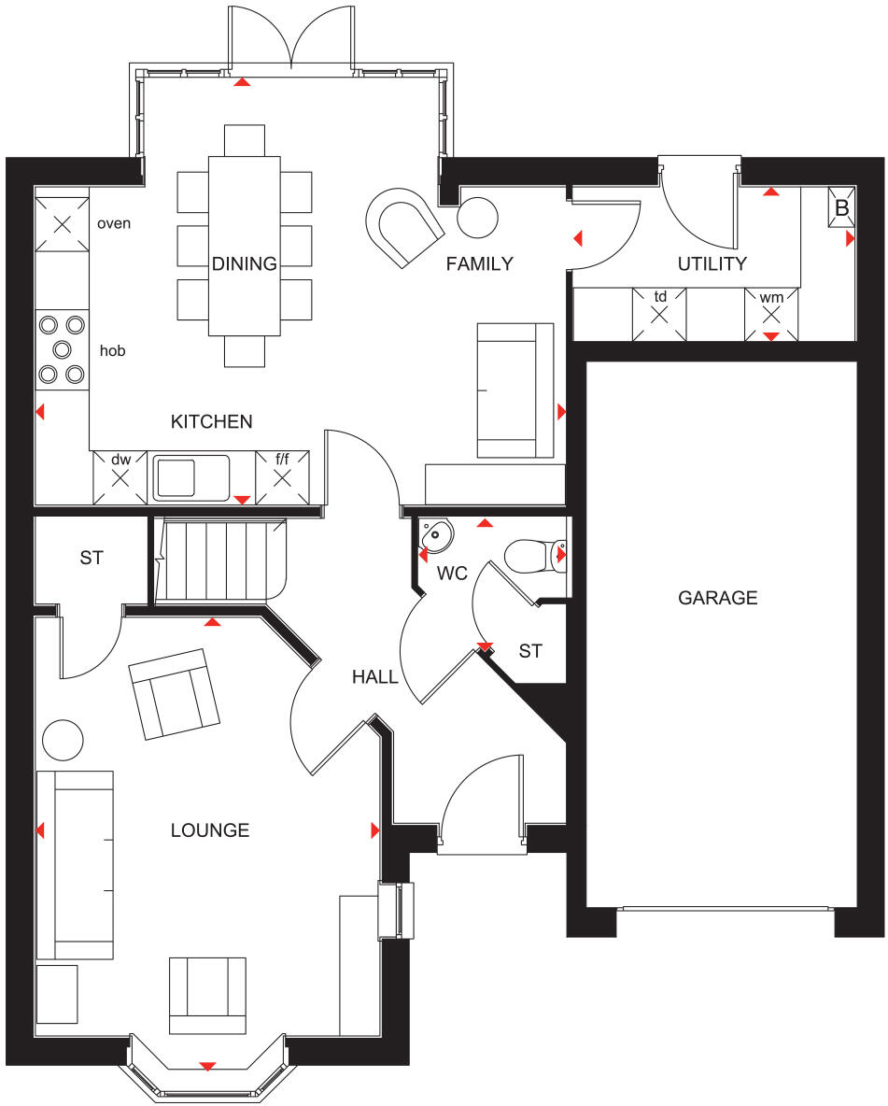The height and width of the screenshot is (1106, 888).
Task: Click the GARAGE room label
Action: point(717,598)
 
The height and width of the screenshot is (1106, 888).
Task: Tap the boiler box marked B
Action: point(841,208)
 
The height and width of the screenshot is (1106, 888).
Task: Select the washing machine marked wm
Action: point(771,313)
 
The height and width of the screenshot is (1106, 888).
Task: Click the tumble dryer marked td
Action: point(659,313)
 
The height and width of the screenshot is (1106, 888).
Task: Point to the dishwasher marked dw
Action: point(120,476)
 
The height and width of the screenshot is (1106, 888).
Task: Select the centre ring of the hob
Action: point(63,349)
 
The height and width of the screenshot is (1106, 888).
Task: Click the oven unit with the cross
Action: point(62,224)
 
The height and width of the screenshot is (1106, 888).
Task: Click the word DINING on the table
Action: point(244,263)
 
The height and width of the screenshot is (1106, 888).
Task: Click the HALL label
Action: point(374,677)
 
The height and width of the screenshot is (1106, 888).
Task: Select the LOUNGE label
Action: point(209,829)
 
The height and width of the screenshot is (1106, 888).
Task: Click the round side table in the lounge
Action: point(63,740)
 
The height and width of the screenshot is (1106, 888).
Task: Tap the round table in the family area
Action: point(477,219)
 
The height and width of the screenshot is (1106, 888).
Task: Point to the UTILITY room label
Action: point(712,264)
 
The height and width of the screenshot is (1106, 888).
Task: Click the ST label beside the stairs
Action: point(92,559)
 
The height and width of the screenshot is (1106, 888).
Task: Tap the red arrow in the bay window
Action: point(207,1066)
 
